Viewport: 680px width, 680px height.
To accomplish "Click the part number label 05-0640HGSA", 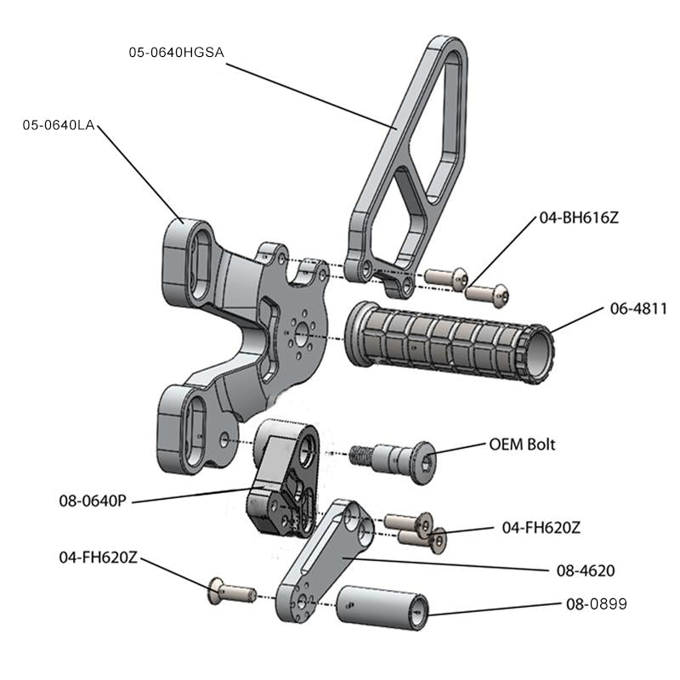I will pyautogui.click(x=175, y=53).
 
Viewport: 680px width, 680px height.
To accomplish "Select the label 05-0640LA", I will pyautogui.click(x=58, y=125).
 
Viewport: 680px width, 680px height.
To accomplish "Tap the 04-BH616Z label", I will pyautogui.click(x=579, y=218).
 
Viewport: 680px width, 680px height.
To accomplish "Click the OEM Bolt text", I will pyautogui.click(x=522, y=444).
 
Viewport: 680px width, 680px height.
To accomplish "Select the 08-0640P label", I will pyautogui.click(x=93, y=501).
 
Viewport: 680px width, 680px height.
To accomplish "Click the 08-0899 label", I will pyautogui.click(x=596, y=604).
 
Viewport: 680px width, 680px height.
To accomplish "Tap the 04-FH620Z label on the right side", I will pyautogui.click(x=541, y=528).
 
